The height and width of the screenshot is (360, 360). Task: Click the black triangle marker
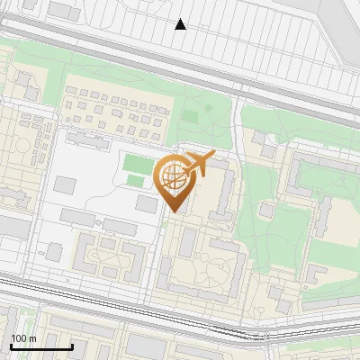(x=180, y=24)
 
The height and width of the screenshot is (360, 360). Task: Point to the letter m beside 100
(x=32, y=338)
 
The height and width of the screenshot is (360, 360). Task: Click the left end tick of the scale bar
(x=11, y=346)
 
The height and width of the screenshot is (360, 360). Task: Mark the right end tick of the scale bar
(x=72, y=346)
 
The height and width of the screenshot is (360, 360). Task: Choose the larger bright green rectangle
(x=138, y=164)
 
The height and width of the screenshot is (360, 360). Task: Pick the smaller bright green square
(x=135, y=181)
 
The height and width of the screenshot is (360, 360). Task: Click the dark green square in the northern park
(x=189, y=115)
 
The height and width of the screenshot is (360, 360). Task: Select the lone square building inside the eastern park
(x=266, y=210)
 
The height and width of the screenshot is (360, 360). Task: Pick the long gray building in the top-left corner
(x=63, y=10)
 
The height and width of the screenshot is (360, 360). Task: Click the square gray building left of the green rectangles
(x=65, y=184)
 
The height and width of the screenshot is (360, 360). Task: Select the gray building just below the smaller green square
(x=146, y=204)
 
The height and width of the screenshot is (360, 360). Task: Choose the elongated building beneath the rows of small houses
(x=88, y=139)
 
